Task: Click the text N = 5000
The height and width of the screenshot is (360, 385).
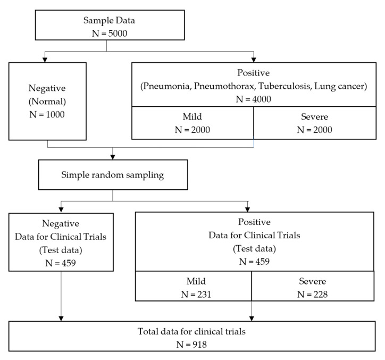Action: pyautogui.click(x=110, y=34)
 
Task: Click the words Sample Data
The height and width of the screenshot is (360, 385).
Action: pyautogui.click(x=109, y=20)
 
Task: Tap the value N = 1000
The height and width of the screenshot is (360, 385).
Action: pyautogui.click(x=47, y=114)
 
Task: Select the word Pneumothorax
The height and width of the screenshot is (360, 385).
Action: pyautogui.click(x=224, y=86)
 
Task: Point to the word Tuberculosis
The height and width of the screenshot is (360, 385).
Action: pyautogui.click(x=285, y=86)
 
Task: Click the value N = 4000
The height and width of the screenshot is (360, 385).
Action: pyautogui.click(x=254, y=99)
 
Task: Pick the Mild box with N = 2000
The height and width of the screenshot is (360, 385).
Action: pyautogui.click(x=192, y=123)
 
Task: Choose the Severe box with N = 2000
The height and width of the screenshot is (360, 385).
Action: pyautogui.click(x=315, y=123)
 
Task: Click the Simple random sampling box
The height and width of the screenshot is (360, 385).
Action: pyautogui.click(x=113, y=175)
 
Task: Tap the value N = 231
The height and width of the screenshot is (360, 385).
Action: pyautogui.click(x=196, y=294)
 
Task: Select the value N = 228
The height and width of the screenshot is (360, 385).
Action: pyautogui.click(x=313, y=294)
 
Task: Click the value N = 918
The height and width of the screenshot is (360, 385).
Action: pyautogui.click(x=191, y=345)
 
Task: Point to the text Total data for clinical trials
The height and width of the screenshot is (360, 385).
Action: pyautogui.click(x=191, y=331)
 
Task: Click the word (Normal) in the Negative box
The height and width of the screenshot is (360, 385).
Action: pyautogui.click(x=47, y=102)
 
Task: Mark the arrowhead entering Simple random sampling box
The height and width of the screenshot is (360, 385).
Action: pyautogui.click(x=113, y=157)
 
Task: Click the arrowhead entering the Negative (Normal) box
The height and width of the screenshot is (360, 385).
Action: pyautogui.click(x=45, y=60)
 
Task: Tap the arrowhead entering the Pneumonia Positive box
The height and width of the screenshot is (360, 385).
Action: pyautogui.click(x=254, y=60)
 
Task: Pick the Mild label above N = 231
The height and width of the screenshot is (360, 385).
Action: pyautogui.click(x=196, y=281)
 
